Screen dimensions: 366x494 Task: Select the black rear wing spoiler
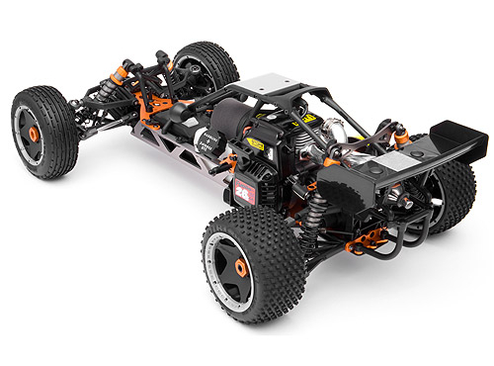coord(455,138)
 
